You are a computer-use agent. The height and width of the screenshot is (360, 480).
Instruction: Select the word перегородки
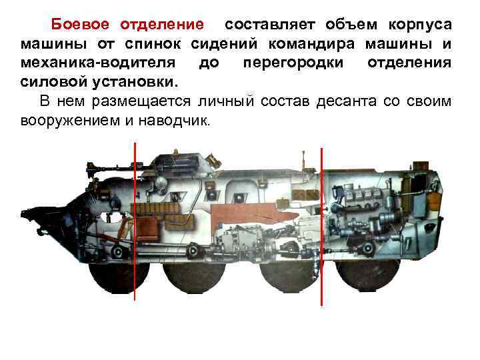294,64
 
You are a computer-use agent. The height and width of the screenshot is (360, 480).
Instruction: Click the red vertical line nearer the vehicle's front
135,220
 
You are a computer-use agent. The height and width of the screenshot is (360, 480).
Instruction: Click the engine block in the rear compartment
363,200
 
